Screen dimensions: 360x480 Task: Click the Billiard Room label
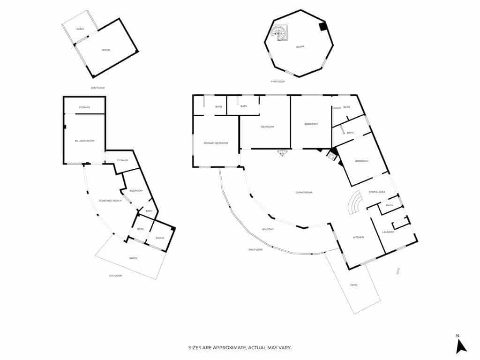(84, 141)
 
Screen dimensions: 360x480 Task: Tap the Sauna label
(160, 238)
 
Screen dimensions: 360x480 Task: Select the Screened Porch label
(110, 201)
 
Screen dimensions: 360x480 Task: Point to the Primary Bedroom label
(216, 142)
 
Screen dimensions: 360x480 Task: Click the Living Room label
(304, 192)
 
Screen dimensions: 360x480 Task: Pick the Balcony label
(268, 229)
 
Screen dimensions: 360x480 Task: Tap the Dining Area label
(377, 192)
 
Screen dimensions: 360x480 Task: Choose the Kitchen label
(358, 237)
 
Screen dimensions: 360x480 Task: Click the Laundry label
(388, 232)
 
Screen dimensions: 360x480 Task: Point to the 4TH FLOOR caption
(278, 82)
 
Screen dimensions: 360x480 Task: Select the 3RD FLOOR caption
(98, 88)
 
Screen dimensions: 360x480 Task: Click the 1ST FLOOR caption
(115, 275)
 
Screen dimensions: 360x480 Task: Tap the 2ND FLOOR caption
(255, 249)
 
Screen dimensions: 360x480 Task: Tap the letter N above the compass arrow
(457, 335)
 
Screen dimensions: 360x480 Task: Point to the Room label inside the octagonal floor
(300, 47)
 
